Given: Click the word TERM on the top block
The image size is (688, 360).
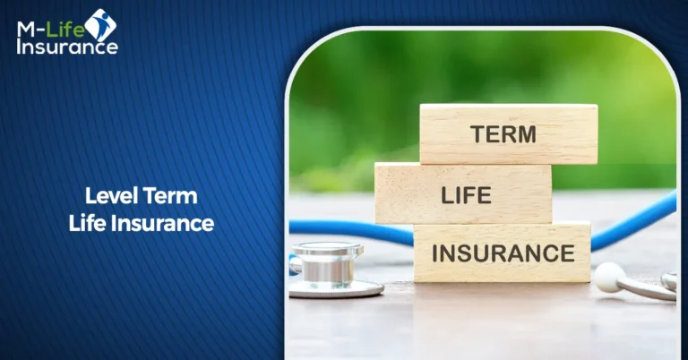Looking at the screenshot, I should (503, 134).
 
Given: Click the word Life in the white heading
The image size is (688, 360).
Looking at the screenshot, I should (88, 223).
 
